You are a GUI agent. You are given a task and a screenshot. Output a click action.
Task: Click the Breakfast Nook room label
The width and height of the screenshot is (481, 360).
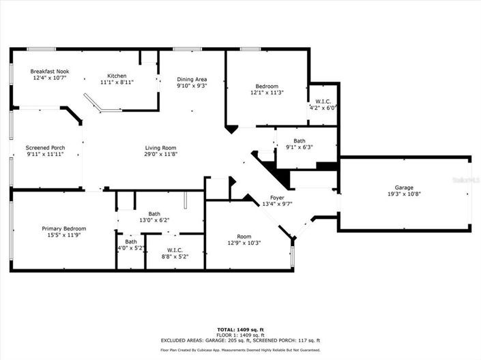coord(50,72)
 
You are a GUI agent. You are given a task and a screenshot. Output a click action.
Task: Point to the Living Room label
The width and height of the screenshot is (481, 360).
coord(160,148)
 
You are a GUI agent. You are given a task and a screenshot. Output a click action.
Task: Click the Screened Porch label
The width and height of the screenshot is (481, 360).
coord(45,148)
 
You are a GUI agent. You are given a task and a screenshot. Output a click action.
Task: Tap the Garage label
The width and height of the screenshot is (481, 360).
coord(404,187)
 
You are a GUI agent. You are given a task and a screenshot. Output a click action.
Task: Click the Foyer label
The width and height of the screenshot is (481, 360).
coord(277,198)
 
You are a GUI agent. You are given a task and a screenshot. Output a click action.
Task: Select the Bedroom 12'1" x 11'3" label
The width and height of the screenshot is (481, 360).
coord(267,87)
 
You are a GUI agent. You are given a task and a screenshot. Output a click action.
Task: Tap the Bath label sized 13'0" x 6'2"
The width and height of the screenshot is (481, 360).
coord(154,213)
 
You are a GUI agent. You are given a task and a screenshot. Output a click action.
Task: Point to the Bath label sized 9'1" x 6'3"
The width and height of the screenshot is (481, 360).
coord(300,141)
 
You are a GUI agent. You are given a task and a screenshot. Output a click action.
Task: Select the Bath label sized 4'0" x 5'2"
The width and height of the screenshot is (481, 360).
coord(130,241)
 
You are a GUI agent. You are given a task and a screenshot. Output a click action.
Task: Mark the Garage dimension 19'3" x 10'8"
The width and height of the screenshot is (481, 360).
coord(404,194)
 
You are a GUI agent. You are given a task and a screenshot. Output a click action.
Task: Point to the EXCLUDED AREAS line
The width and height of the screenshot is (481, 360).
coord(240,340)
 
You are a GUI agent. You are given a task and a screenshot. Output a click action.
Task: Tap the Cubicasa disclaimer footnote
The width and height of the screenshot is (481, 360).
coord(240,350)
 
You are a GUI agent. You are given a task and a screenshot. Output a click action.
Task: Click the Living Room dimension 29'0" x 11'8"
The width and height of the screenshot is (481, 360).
coord(160,155)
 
